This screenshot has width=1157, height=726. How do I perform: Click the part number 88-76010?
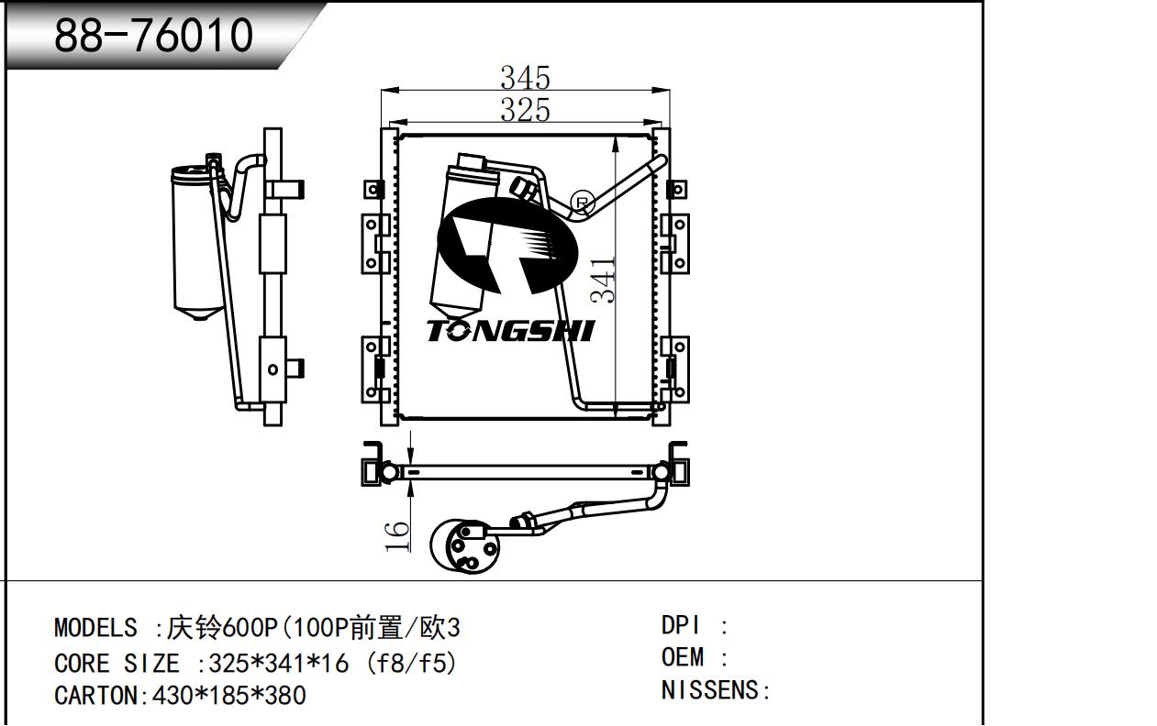coord(153,35)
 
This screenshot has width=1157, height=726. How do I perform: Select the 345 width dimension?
coord(526,78)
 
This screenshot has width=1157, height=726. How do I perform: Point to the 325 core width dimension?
coord(526,110)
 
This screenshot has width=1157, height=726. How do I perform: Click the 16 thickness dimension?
coord(396,536)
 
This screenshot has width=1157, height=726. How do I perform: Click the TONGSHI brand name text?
coord(511,331)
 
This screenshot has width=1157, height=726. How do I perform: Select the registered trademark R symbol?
coord(582,203)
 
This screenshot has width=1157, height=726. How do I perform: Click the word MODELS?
coord(95,628)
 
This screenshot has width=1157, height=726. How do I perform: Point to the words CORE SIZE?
coord(117,663)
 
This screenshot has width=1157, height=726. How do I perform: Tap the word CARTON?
coord(95,696)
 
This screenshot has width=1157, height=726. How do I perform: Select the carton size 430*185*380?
coord(229,696)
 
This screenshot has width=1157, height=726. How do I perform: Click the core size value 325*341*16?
coord(279,663)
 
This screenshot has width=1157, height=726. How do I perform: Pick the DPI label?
coord(681,626)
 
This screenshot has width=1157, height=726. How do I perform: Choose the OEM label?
coord(683,658)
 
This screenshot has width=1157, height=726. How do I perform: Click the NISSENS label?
coord(709,690)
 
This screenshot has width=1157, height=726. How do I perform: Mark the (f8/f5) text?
coord(412,663)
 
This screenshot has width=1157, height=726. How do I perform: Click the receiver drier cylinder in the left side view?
coord(197,243)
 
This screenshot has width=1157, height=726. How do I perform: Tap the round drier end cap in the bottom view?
coord(465,546)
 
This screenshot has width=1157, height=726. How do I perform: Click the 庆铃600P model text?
coord(223,628)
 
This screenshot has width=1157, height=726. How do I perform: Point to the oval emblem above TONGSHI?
coord(507,247)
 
